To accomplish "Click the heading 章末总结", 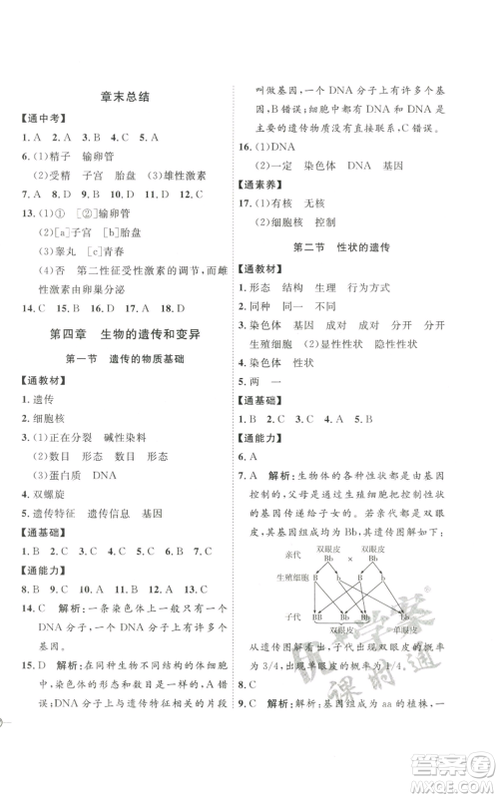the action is (x=125, y=96).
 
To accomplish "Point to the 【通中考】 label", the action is (x=40, y=121).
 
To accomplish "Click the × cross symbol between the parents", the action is (x=349, y=560).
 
